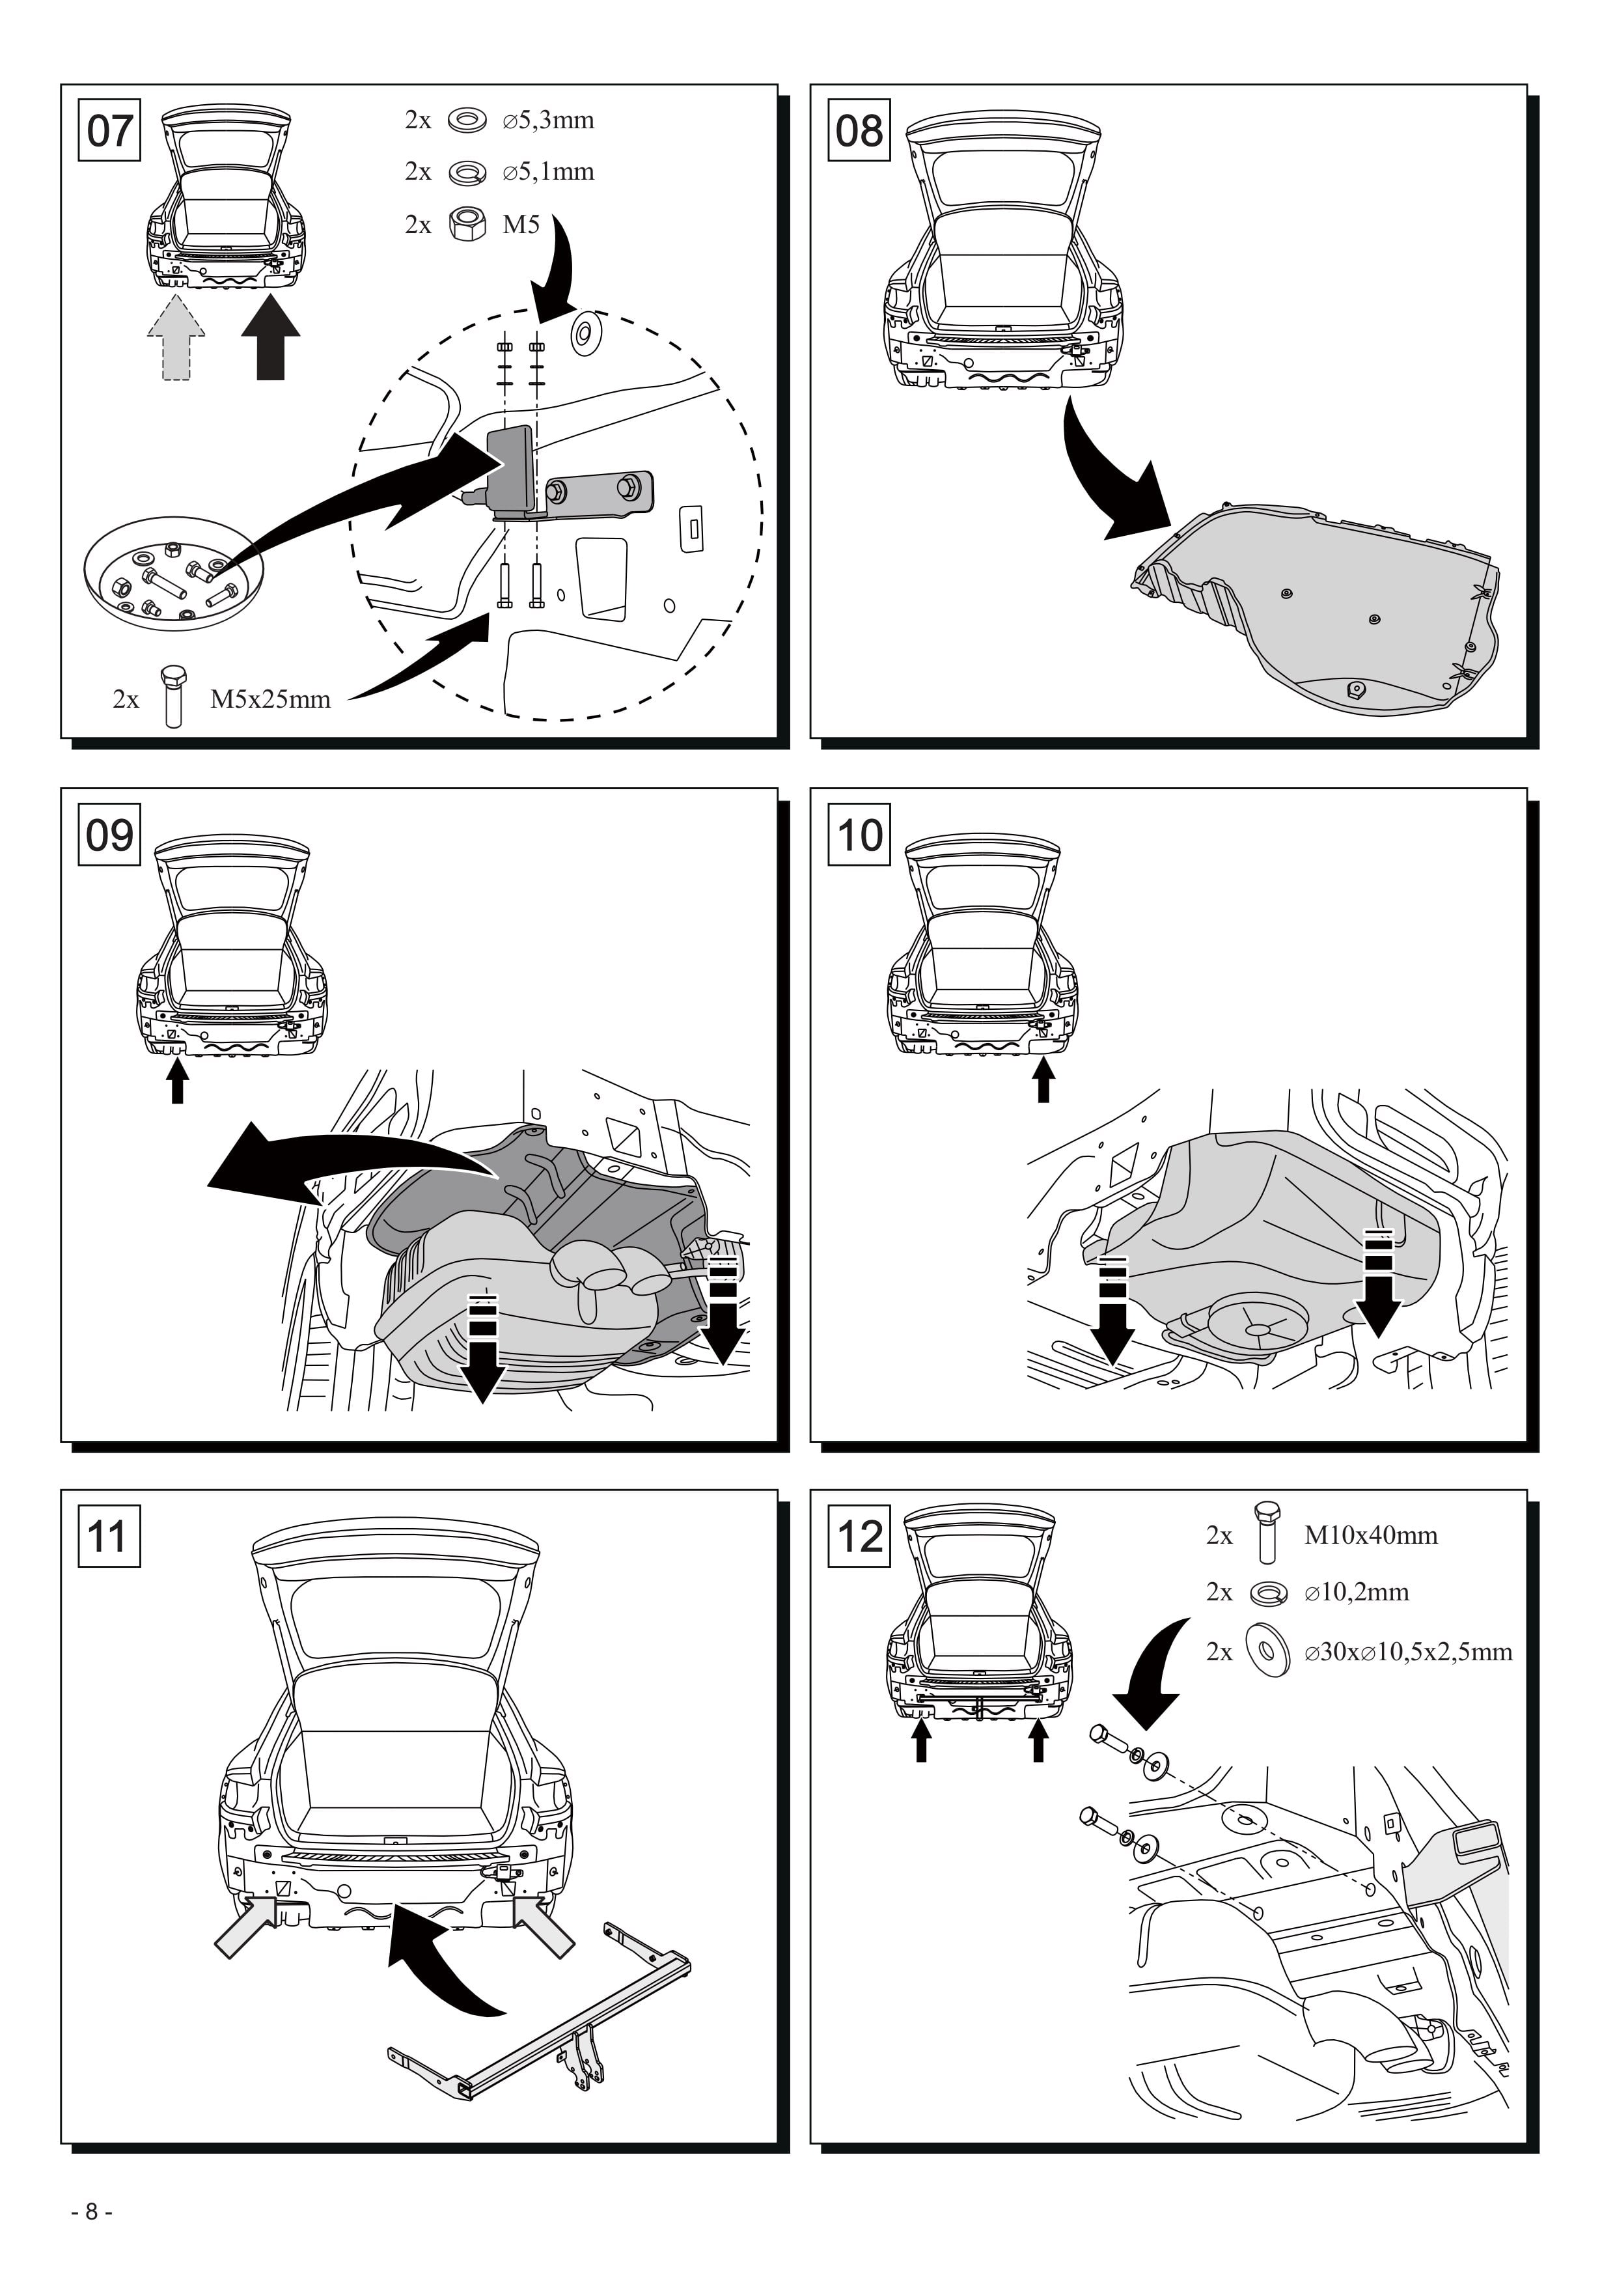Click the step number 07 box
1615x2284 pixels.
point(109,130)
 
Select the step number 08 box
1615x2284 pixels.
point(859,130)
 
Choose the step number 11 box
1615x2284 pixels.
point(109,1536)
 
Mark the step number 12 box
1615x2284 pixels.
point(859,1536)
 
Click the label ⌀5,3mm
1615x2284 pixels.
point(548,120)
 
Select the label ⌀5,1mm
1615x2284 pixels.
point(548,172)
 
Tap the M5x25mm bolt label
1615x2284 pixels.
point(271,699)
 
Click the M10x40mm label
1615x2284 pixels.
point(1370,1535)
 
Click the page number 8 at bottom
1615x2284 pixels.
point(92,2211)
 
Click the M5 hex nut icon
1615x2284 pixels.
point(467,224)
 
